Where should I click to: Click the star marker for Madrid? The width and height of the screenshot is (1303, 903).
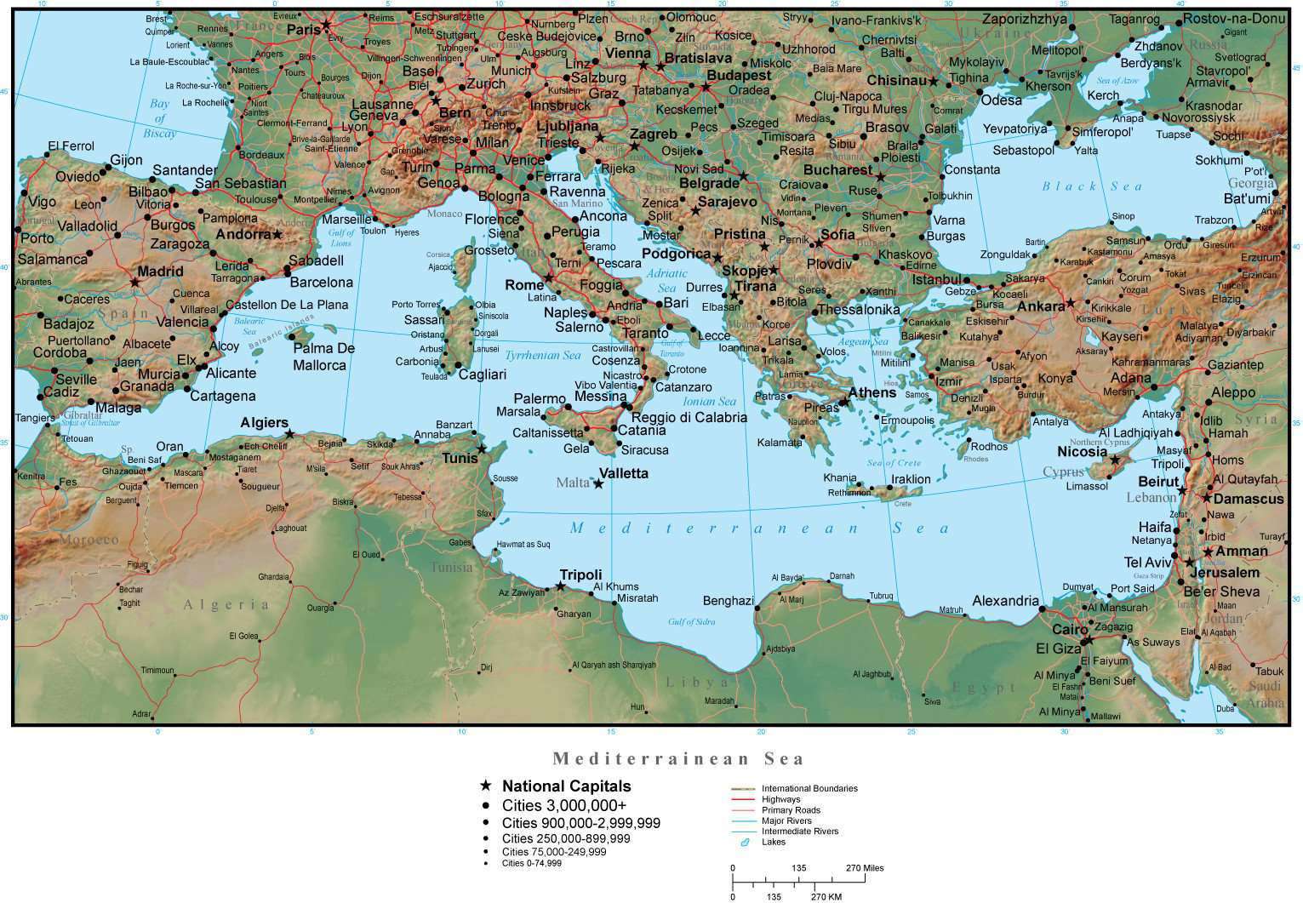tap(134, 282)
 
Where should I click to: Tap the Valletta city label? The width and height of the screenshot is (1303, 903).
tap(623, 474)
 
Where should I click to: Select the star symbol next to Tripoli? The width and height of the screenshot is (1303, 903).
tap(560, 586)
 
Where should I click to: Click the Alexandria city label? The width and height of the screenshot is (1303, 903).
tap(1005, 601)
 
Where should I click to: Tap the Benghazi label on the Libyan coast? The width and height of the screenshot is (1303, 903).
tap(728, 601)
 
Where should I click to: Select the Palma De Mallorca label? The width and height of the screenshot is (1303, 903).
tap(323, 357)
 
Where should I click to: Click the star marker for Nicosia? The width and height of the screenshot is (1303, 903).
tap(1115, 460)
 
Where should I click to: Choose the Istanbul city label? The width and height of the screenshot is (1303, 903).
tap(936, 279)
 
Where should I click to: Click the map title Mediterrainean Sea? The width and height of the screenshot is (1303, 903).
tap(677, 758)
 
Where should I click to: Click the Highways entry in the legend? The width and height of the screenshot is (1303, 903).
tap(781, 800)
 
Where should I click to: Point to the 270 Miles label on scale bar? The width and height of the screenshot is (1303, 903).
tap(864, 868)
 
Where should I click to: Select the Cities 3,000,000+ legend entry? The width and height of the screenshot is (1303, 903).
tap(563, 805)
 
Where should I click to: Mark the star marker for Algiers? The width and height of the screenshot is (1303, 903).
tap(289, 434)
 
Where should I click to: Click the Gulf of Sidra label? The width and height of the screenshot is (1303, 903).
tap(691, 622)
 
